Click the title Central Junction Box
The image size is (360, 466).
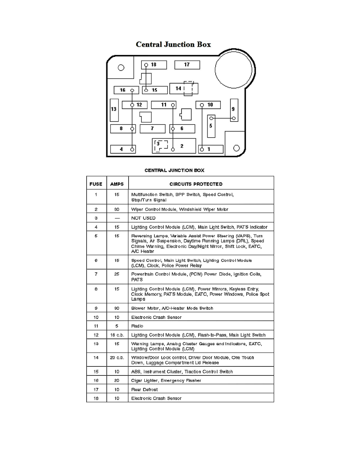(x=173, y=44)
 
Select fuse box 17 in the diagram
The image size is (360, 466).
(x=187, y=65)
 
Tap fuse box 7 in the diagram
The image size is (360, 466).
(x=152, y=129)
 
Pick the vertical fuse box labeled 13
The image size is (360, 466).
(x=114, y=109)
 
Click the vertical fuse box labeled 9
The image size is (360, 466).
(x=234, y=110)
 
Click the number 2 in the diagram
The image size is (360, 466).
(x=182, y=146)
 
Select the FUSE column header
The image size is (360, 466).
(x=96, y=184)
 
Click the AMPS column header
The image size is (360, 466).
(x=117, y=184)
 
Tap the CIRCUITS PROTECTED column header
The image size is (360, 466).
(x=196, y=184)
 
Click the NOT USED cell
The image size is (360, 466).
(x=144, y=218)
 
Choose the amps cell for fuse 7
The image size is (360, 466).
(x=117, y=275)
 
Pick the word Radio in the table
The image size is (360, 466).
(x=137, y=326)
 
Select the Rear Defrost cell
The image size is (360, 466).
(x=145, y=390)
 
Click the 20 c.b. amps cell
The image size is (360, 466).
(x=117, y=358)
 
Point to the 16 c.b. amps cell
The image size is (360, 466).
(x=117, y=335)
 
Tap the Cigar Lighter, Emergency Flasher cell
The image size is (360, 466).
(x=166, y=380)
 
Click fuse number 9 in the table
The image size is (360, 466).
(x=96, y=308)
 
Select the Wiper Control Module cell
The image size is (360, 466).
(x=180, y=209)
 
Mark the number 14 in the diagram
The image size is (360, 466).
(x=178, y=89)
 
